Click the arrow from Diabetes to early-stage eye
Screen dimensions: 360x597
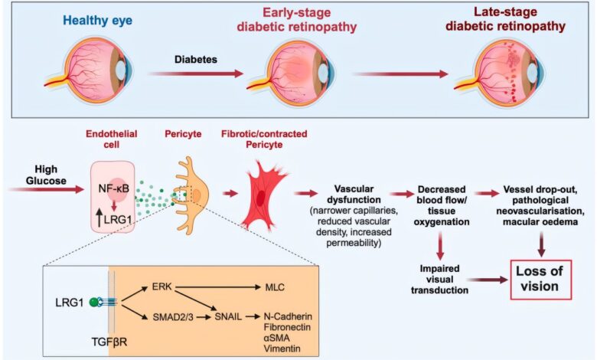coord(197,74)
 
